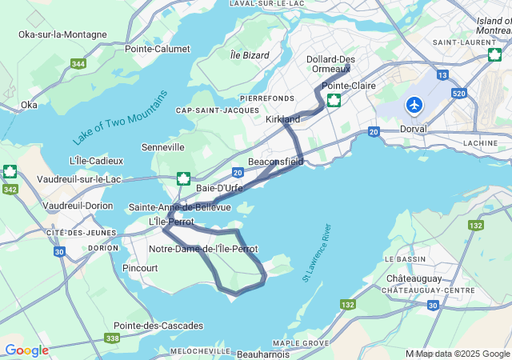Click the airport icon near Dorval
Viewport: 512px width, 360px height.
[x=414, y=105]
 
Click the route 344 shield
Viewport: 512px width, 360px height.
[x=78, y=63]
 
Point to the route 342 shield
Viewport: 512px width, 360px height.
[x=11, y=189]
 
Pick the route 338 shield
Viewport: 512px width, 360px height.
[x=112, y=339]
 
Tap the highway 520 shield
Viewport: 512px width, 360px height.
[x=458, y=93]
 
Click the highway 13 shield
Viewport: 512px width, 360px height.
[x=442, y=74]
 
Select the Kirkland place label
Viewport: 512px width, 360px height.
[x=282, y=119]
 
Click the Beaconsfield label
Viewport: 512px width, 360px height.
[x=276, y=162]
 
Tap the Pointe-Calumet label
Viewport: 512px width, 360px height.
[x=157, y=48]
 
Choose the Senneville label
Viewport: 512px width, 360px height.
[x=162, y=147]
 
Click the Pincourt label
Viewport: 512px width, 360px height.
[x=141, y=268]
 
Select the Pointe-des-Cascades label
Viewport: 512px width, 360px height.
[x=158, y=326]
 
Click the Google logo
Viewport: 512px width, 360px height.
[x=26, y=350]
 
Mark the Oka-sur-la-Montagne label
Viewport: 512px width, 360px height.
[x=63, y=34]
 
